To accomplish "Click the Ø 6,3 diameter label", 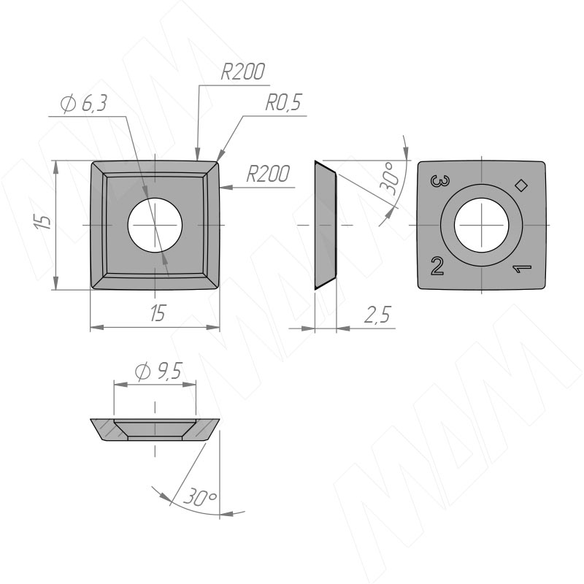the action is (84, 104).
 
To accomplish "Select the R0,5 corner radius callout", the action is (283, 102).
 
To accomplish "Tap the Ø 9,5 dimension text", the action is (158, 372).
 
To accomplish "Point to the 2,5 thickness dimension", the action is (377, 315).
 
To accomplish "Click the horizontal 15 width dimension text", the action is (158, 313).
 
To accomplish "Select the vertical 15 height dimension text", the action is (44, 223).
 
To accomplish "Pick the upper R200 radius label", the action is (242, 72).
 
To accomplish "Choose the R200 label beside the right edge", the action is (268, 174).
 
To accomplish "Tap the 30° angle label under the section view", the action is (200, 497).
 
